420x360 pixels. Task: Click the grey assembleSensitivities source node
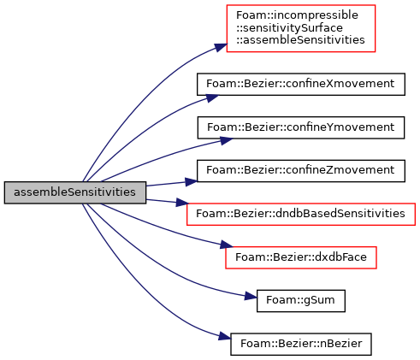(75, 192)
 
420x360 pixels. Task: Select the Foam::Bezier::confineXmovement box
(301, 84)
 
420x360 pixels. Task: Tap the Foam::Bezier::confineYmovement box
(301, 127)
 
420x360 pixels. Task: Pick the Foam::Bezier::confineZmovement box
(301, 171)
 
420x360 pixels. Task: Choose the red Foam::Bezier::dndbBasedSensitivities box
(301, 214)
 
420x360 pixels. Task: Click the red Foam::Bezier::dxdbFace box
(301, 257)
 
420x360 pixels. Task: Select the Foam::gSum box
(301, 301)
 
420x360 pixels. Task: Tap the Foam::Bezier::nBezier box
(301, 344)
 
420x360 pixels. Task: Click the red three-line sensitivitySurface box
(301, 28)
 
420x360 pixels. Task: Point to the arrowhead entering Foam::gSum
(251, 296)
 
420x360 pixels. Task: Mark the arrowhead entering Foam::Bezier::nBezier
(225, 336)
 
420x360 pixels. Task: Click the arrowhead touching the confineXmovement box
(212, 97)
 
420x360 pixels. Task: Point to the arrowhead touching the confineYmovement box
(227, 140)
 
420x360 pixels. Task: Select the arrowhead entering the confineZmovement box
(191, 181)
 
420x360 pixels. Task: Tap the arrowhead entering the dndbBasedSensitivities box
(182, 203)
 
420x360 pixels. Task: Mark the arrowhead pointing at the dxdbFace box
(227, 245)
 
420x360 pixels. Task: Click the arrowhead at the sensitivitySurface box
(221, 47)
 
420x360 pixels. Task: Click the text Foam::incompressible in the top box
(297, 15)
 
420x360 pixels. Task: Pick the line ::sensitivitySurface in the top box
(289, 28)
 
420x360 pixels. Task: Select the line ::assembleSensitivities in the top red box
(300, 40)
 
